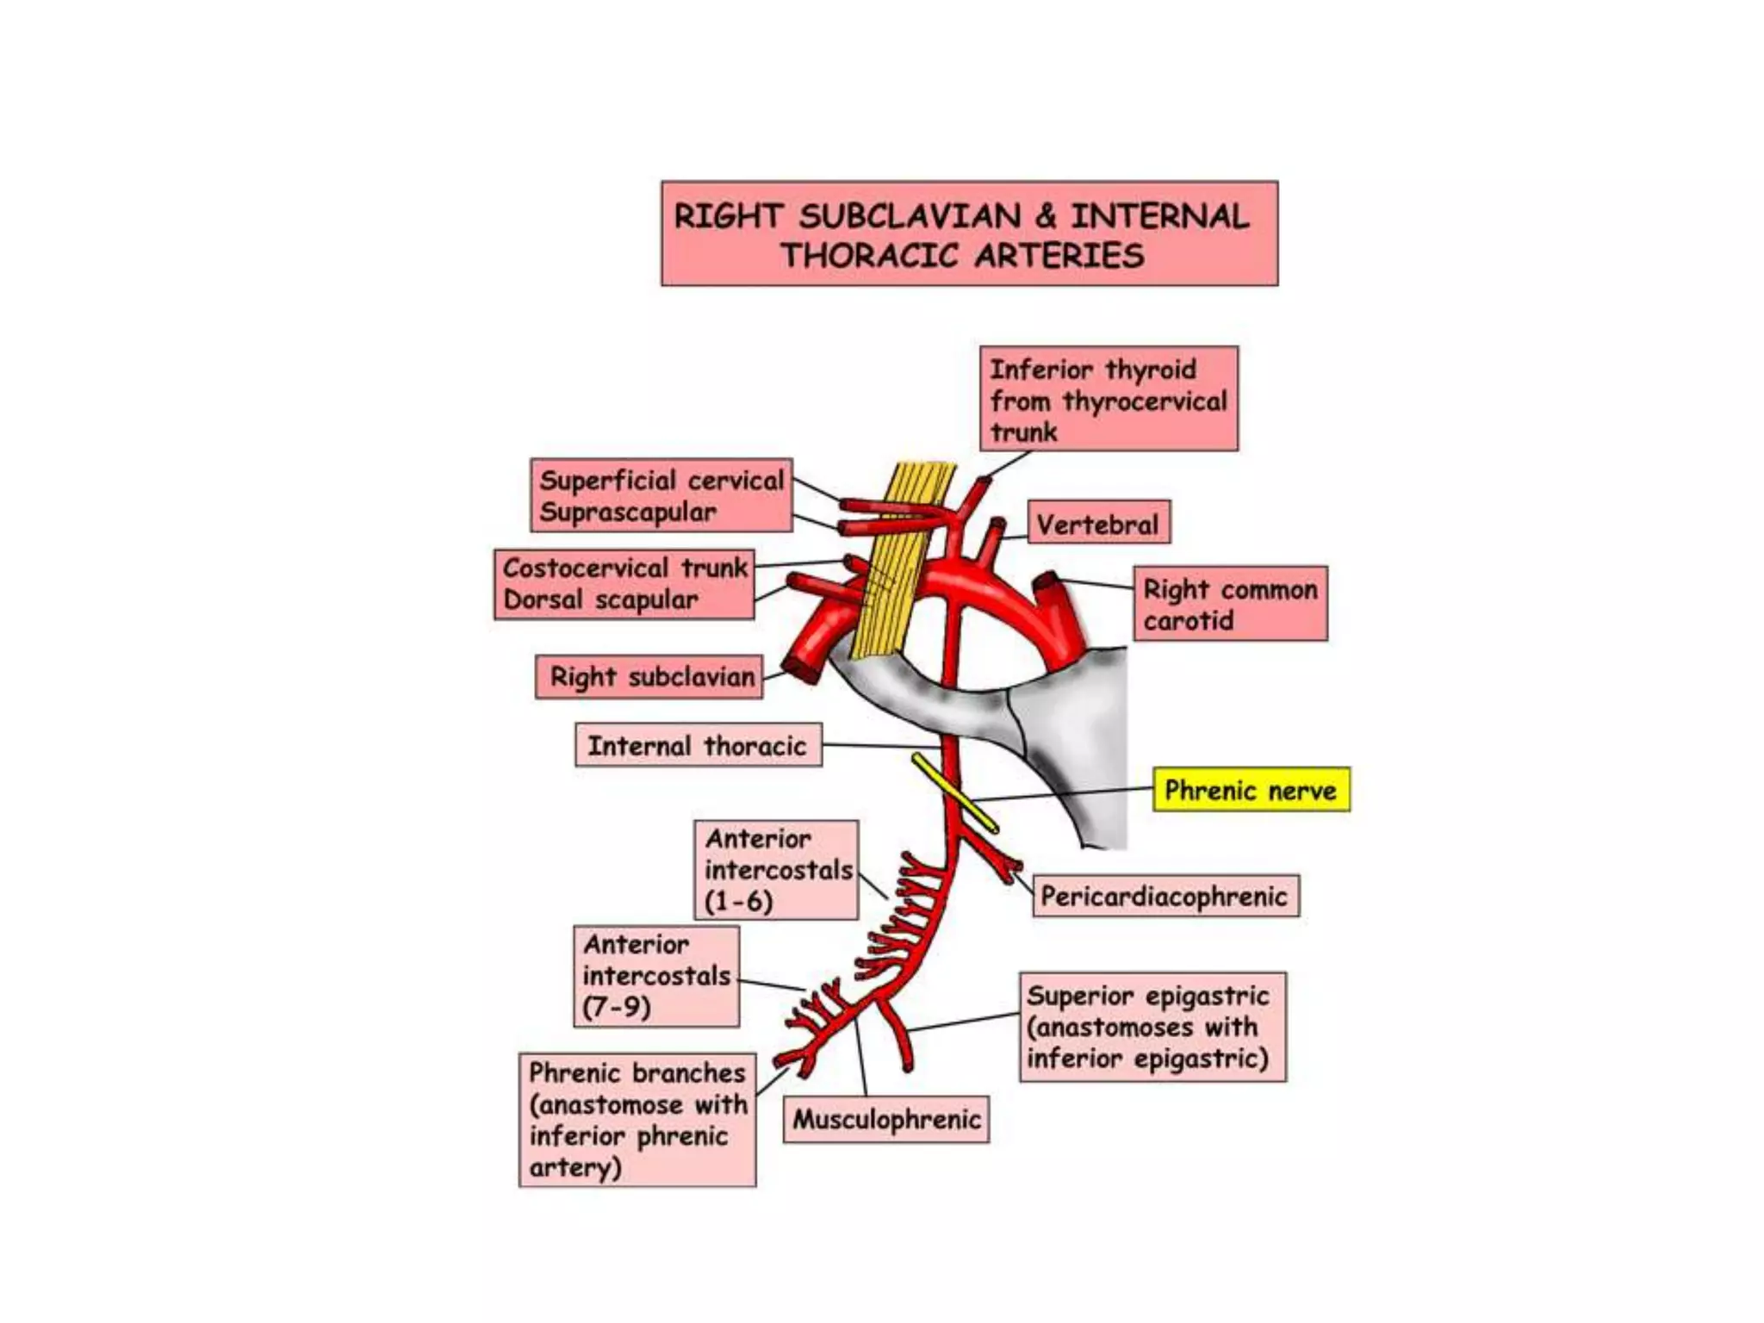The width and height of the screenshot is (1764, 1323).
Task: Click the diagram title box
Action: point(969,233)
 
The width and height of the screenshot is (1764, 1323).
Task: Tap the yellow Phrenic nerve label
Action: point(1251,790)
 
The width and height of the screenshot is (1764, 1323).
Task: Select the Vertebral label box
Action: point(1097,523)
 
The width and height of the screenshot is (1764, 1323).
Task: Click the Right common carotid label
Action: point(1229,604)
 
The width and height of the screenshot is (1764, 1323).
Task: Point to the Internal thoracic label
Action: point(698,745)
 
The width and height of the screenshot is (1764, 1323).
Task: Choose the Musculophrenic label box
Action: point(886,1119)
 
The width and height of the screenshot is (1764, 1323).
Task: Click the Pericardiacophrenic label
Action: point(1165,897)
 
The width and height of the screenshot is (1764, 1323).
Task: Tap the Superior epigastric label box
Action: point(1152,1027)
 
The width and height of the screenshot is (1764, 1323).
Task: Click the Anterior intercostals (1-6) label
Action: point(776,870)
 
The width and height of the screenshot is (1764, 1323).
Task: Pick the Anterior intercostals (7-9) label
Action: point(656,976)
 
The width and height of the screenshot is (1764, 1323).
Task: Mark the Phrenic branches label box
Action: point(637,1120)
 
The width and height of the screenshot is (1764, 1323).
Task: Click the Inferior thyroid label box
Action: point(1109,400)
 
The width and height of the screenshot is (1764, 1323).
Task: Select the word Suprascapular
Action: point(627,512)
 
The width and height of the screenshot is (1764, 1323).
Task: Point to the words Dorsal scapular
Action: point(600,599)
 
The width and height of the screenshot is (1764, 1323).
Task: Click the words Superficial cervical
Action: point(661,480)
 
